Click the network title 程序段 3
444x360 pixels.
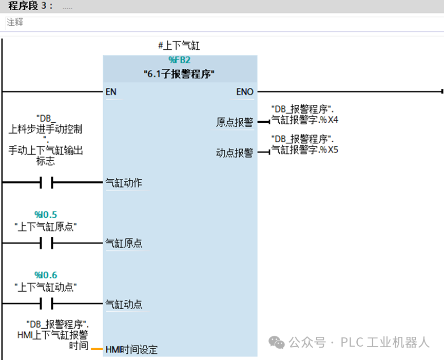coord(30,6)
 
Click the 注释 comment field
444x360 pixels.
coord(15,22)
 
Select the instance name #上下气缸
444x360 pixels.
coord(179,45)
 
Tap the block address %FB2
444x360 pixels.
coord(180,60)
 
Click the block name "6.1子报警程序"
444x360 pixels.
coord(179,74)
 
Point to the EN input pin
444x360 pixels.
coord(111,92)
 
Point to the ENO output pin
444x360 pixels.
coord(245,92)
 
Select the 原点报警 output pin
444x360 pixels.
coord(235,122)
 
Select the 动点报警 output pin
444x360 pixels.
coord(235,153)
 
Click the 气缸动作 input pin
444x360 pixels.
coord(124,183)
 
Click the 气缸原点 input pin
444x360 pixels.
coord(124,243)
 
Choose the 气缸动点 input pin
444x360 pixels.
coord(124,304)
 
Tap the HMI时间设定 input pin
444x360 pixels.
coord(131,350)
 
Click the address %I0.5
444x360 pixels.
coord(46,215)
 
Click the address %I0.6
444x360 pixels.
coord(46,275)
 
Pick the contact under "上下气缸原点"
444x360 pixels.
coord(47,243)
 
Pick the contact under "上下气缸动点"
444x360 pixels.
coord(47,304)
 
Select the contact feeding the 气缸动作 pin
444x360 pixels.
coord(47,182)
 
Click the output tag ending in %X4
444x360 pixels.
coord(305,115)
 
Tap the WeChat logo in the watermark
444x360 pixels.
coord(276,342)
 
